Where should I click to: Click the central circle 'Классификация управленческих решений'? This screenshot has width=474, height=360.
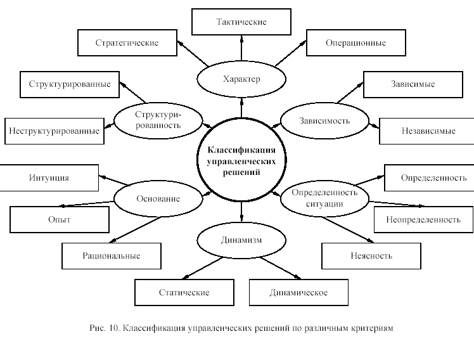(x=241, y=158)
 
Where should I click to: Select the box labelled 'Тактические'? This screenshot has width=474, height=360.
(x=241, y=22)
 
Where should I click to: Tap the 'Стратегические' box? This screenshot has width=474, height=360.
(x=127, y=43)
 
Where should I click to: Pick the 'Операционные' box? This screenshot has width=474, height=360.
(x=355, y=43)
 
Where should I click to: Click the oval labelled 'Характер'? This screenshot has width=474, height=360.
(x=241, y=79)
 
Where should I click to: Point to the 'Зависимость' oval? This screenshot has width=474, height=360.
(x=324, y=120)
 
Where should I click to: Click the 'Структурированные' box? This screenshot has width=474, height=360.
(x=70, y=84)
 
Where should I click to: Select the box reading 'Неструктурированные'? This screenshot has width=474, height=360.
(x=54, y=131)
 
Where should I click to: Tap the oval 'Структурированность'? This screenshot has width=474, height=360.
(x=158, y=119)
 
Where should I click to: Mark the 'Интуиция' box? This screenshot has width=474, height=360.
(x=49, y=178)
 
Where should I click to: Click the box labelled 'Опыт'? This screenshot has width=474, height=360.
(x=59, y=219)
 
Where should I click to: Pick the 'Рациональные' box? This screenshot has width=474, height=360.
(x=111, y=256)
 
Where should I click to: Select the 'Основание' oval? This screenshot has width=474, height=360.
(x=158, y=198)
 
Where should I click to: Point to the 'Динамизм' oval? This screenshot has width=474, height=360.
(x=241, y=240)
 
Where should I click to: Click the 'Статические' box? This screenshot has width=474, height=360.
(x=184, y=293)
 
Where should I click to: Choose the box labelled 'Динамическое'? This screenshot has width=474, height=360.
(x=298, y=293)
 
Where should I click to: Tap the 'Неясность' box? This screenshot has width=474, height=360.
(x=371, y=256)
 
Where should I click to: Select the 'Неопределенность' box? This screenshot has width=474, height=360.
(x=423, y=219)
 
